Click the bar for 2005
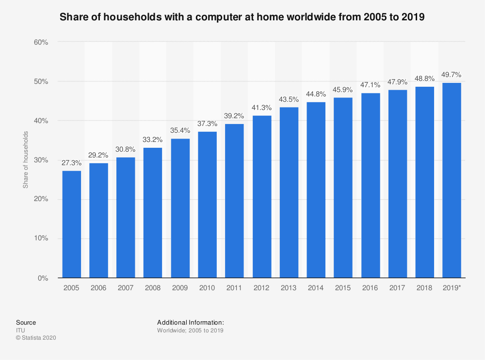[x=72, y=224]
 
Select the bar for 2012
[x=262, y=197]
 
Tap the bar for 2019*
[x=452, y=180]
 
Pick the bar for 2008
[x=153, y=213]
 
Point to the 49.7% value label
[x=452, y=75]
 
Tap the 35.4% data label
[x=180, y=131]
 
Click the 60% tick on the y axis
[x=41, y=42]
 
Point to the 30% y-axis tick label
[x=41, y=160]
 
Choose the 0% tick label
[x=43, y=278]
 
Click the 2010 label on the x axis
[x=208, y=288]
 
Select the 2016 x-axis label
[x=370, y=288]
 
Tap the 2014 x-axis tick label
[x=316, y=288]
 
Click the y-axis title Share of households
[x=26, y=160]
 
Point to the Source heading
[x=26, y=322]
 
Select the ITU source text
[x=20, y=330]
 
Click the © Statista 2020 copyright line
[x=36, y=338]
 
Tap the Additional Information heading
[x=191, y=322]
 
